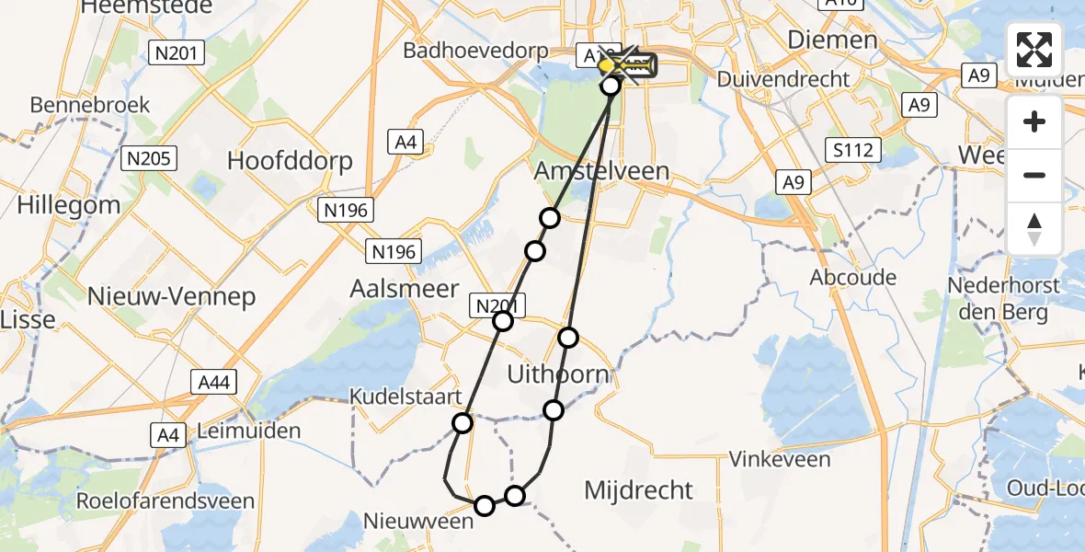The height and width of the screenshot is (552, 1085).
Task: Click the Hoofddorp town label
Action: coord(290,161)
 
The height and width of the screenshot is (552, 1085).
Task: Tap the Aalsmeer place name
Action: coord(404,289)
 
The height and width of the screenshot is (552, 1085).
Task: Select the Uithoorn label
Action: coord(558,374)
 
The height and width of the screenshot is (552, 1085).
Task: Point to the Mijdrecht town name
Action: coord(638,489)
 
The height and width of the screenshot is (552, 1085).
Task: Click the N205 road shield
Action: coord(149,159)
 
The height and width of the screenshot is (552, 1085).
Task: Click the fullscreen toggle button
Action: coord(1034,50)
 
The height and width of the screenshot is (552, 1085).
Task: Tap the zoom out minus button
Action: coord(1034,175)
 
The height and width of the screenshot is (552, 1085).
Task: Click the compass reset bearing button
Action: coord(1034,228)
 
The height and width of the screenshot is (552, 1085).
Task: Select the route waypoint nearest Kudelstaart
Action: coord(463,422)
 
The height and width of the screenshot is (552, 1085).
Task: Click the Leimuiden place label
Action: coord(249,431)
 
